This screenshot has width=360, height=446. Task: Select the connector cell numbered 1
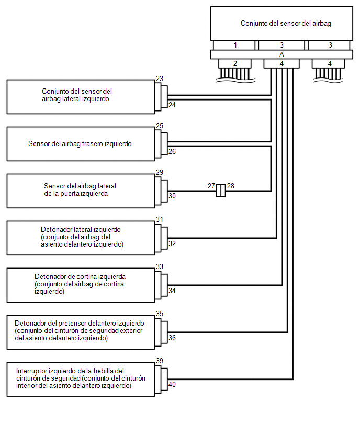[235, 46]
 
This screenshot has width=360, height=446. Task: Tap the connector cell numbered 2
[235, 63]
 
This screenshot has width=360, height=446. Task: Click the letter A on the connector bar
[282, 54]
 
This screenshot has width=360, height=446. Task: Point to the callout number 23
[160, 79]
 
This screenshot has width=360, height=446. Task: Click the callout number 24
[172, 105]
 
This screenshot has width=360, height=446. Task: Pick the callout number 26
[172, 152]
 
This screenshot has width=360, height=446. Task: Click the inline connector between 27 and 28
[221, 191]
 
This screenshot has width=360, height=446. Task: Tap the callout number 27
[211, 186]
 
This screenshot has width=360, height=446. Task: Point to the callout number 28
[231, 186]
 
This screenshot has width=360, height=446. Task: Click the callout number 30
[172, 196]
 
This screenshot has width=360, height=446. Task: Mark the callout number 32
[172, 243]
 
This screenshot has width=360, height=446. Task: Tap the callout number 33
[160, 267]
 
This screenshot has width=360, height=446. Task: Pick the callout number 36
[172, 338]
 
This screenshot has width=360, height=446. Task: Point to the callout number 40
[172, 385]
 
